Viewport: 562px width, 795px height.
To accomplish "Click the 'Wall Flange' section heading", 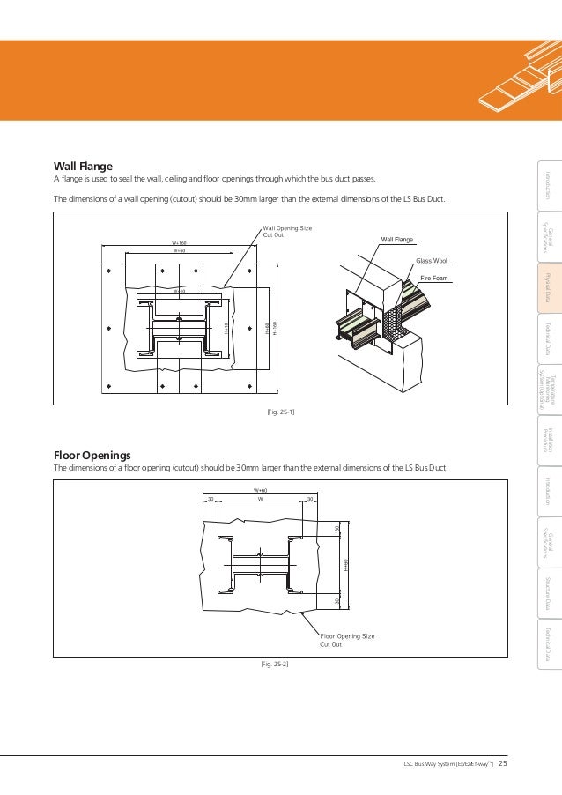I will [83, 165].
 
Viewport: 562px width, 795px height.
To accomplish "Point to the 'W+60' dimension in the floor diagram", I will [260, 490].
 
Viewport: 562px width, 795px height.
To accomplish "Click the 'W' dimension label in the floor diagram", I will [260, 499].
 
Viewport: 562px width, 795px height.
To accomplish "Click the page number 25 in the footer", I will [503, 763].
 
